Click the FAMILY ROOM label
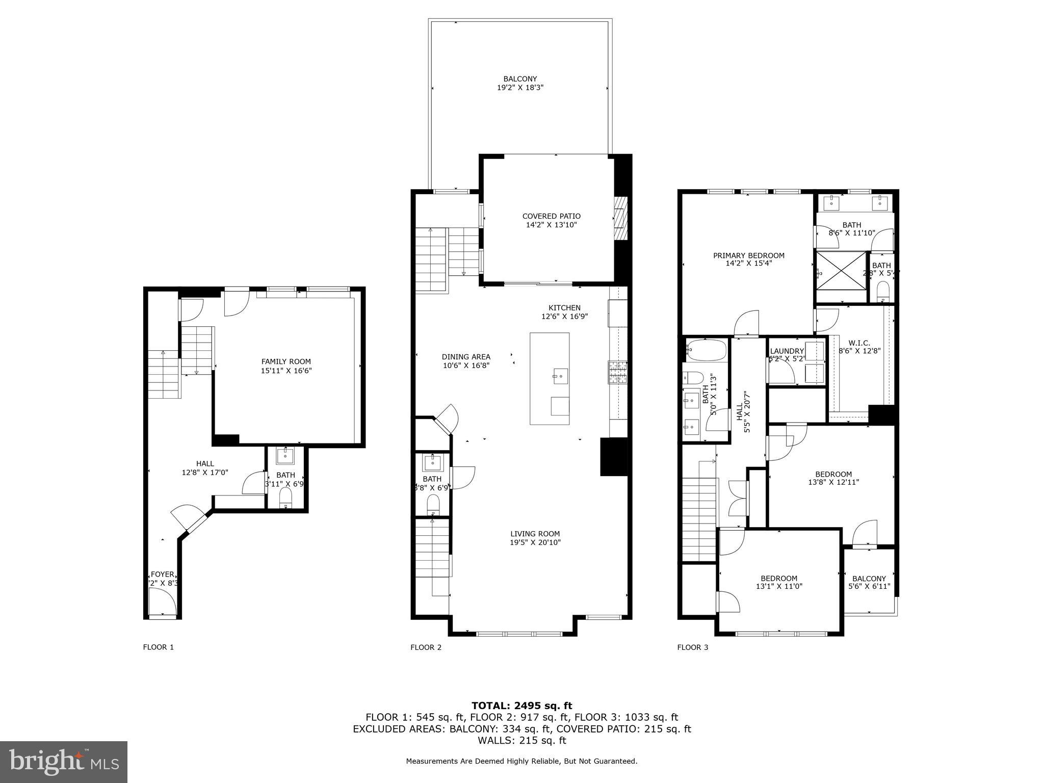click(x=286, y=361)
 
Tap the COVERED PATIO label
click(x=551, y=216)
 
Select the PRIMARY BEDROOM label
click(x=748, y=255)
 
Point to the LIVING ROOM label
click(x=535, y=534)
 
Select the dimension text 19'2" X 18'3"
click(x=520, y=88)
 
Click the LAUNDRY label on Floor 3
click(x=787, y=351)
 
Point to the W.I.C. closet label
click(x=859, y=343)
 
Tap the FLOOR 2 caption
click(x=426, y=647)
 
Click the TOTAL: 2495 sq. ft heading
click(x=521, y=706)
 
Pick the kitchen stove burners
click(x=617, y=372)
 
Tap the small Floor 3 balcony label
click(x=869, y=579)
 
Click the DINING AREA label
click(x=466, y=357)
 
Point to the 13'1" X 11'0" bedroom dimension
click(x=778, y=587)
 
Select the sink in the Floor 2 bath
click(x=433, y=463)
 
